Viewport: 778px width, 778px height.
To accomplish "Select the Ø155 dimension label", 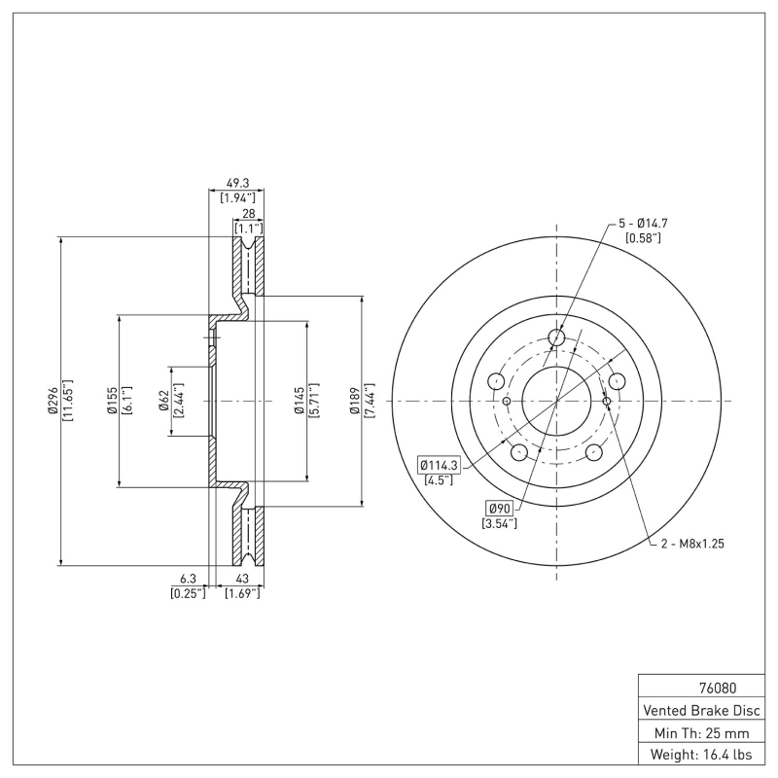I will click(112, 401).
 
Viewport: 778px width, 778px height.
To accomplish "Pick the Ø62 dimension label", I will click(165, 401).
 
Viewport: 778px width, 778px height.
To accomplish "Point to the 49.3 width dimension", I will click(236, 182).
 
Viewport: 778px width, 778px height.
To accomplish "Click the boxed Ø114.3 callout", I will click(440, 465).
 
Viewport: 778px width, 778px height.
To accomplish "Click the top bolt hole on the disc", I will click(556, 337).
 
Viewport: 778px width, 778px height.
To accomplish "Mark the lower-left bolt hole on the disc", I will click(519, 451).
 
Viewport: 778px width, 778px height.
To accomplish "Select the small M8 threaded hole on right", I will click(607, 401).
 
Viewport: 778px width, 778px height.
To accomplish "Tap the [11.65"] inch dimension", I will click(67, 401).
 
